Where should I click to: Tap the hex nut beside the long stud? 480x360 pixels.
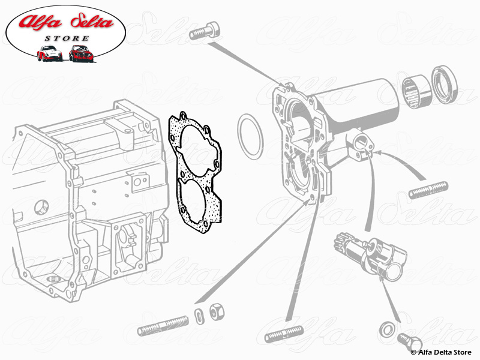[216, 312]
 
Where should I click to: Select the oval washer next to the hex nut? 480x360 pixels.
[199, 316]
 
